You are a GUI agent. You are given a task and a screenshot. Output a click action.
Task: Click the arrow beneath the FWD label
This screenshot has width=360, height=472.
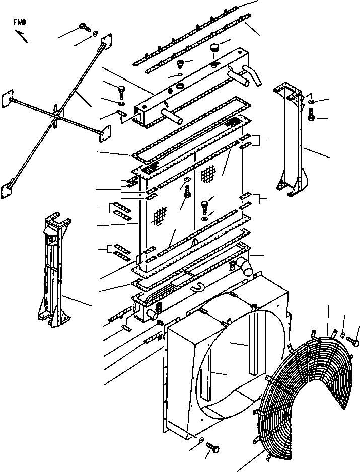(21, 36)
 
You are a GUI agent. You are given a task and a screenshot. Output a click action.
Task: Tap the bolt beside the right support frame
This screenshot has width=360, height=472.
(311, 117)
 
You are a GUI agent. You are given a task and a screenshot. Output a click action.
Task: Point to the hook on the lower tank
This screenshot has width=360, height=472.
(196, 287)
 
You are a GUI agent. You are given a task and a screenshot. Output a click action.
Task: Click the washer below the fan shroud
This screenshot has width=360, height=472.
(202, 441)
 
